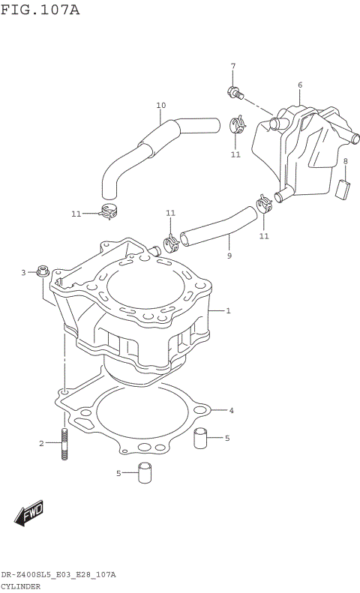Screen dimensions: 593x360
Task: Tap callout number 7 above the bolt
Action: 232,66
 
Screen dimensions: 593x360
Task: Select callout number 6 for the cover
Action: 299,85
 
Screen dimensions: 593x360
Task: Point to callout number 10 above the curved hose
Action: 160,105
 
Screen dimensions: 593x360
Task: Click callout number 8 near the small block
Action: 345,161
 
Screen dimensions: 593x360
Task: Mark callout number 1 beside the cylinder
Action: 228,310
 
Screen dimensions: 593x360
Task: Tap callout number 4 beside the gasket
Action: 232,410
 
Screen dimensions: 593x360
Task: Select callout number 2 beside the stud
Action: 42,444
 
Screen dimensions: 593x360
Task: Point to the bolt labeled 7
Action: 233,93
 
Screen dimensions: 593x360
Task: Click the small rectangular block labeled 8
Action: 345,188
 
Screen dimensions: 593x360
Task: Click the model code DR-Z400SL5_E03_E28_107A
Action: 58,574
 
